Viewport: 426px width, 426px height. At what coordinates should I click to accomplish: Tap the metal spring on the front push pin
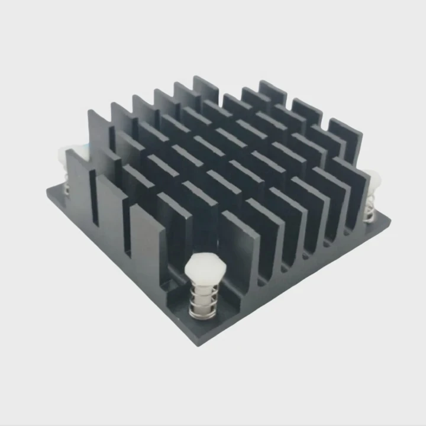pos(201,301)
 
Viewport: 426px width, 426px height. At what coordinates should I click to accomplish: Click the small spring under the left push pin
pos(67,188)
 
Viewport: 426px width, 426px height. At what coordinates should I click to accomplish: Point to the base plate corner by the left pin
pos(49,191)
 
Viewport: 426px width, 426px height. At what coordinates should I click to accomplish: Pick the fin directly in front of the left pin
pos(80,183)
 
